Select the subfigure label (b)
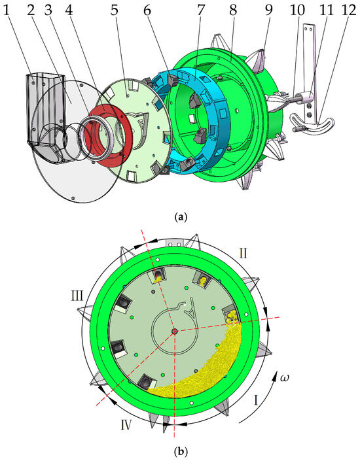[180, 451]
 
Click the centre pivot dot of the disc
[174, 332]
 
